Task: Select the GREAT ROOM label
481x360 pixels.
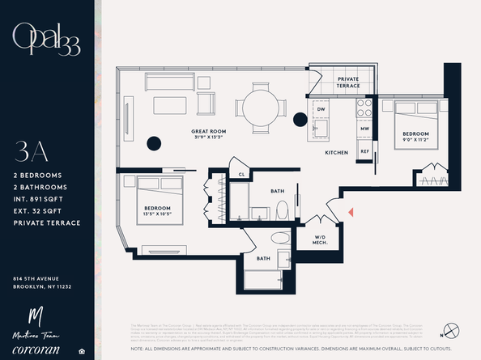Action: (209, 133)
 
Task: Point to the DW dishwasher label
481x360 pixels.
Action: (321, 108)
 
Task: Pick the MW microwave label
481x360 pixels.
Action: (365, 128)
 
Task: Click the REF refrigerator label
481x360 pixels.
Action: (365, 150)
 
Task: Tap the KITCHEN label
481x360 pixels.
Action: (337, 152)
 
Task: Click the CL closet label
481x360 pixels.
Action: (242, 174)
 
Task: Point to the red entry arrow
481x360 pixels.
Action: (351, 211)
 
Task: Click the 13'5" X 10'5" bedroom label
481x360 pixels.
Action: (157, 217)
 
